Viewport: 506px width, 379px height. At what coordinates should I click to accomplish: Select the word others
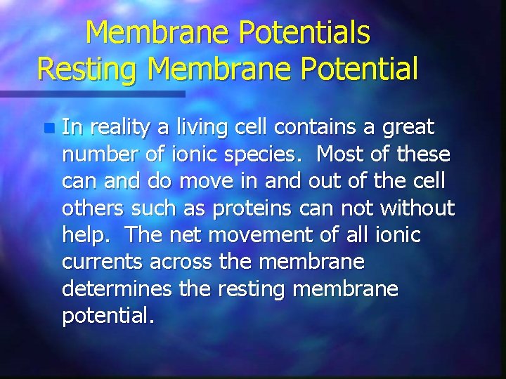92,208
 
